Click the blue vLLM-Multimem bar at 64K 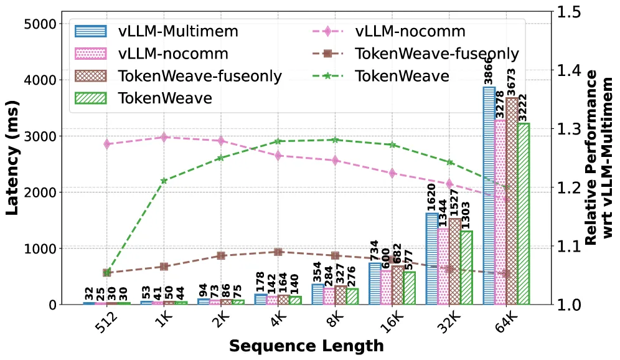[489, 196]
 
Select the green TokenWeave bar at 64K [524, 214]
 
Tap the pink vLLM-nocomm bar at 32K [443, 267]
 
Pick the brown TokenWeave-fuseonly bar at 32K [454, 262]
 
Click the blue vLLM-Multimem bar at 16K [375, 283]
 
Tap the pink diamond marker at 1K [164, 137]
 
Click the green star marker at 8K [336, 140]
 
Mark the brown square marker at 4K [278, 252]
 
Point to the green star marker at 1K [164, 181]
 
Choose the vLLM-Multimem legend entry [157, 31]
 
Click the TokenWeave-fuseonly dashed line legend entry [415, 54]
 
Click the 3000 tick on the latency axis [40, 136]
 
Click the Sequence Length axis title [306, 346]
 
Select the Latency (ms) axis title [12, 158]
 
